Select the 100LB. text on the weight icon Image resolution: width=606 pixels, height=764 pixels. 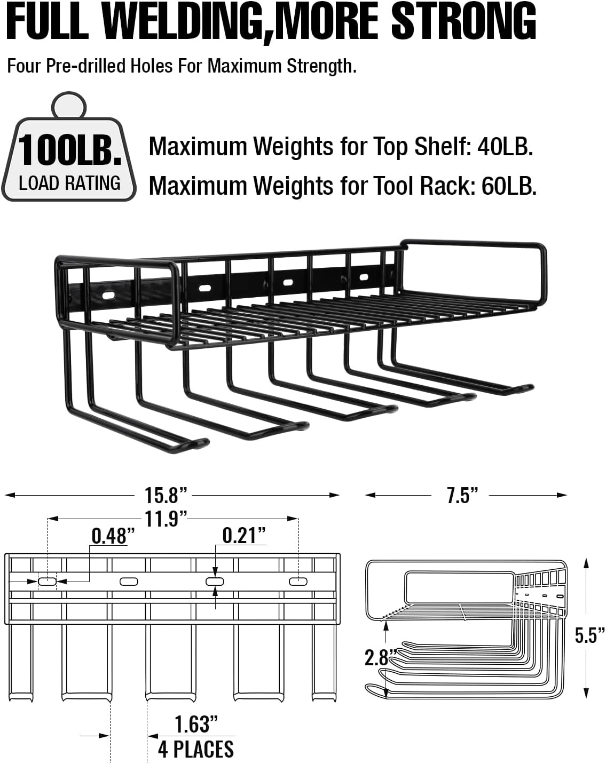point(69,151)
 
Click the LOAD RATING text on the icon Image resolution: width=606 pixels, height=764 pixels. point(69,183)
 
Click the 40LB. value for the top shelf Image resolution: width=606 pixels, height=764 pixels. point(505,146)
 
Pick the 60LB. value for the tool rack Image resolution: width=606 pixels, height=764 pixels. point(509,186)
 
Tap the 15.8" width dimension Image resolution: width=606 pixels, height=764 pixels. point(166,495)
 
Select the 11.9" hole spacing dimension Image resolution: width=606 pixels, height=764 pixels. point(166,518)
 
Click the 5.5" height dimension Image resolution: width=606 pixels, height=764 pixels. point(589,635)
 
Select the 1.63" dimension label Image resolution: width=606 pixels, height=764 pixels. point(196,725)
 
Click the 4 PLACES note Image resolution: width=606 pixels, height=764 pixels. point(196,749)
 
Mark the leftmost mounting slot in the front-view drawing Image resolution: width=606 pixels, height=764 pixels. point(47,581)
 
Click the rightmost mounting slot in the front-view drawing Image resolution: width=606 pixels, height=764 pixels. point(298,581)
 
